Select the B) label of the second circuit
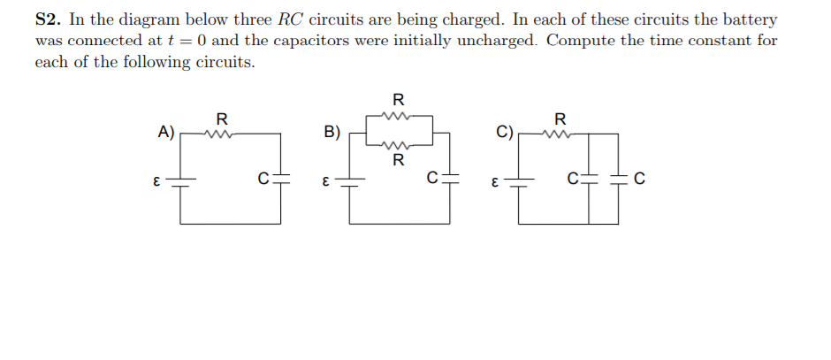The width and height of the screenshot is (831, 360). [x=332, y=133]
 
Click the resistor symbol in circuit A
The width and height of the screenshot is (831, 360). [x=218, y=134]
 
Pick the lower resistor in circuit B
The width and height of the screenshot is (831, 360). [x=397, y=145]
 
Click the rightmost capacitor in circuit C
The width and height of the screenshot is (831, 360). [x=617, y=180]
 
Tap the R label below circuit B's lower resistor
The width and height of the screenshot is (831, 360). [x=398, y=160]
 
